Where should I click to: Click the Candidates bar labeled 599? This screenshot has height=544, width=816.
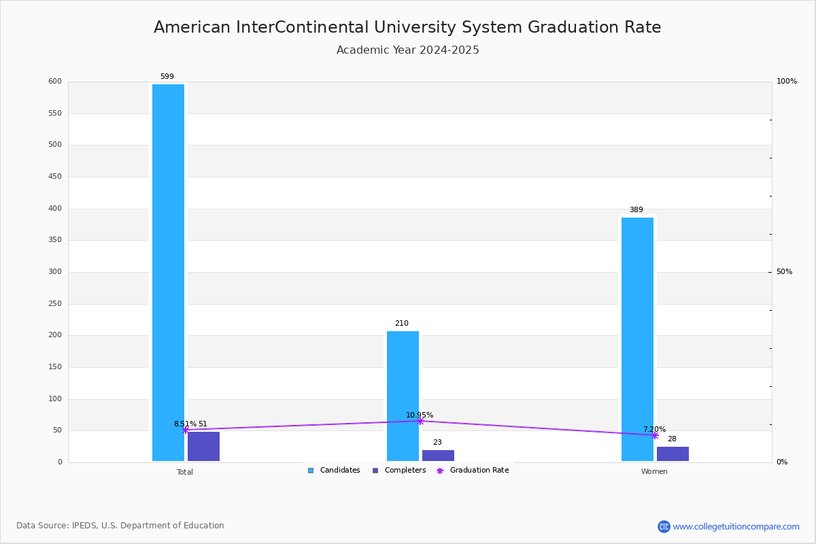click(168, 272)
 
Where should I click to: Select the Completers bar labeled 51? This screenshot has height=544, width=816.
click(203, 447)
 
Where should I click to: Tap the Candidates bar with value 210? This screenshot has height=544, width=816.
click(403, 396)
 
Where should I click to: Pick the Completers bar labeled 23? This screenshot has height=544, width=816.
click(438, 456)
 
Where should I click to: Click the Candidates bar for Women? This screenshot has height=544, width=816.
click(637, 339)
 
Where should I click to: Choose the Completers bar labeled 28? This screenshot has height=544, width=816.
click(673, 454)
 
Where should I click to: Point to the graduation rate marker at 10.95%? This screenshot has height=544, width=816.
click(420, 421)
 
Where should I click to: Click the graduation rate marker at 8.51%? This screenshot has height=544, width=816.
click(185, 430)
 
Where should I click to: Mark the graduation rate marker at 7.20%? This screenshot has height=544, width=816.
click(655, 435)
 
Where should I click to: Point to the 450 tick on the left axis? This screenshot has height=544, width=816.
click(54, 177)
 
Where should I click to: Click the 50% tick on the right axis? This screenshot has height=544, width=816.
click(784, 272)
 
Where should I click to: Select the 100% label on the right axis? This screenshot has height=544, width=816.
click(787, 82)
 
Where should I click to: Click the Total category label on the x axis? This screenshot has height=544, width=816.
click(185, 472)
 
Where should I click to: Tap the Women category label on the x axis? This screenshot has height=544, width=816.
click(654, 472)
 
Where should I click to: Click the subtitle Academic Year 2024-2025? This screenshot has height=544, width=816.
click(408, 50)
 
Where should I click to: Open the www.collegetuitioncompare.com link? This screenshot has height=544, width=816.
click(736, 526)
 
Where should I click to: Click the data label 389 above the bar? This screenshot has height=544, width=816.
click(636, 210)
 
